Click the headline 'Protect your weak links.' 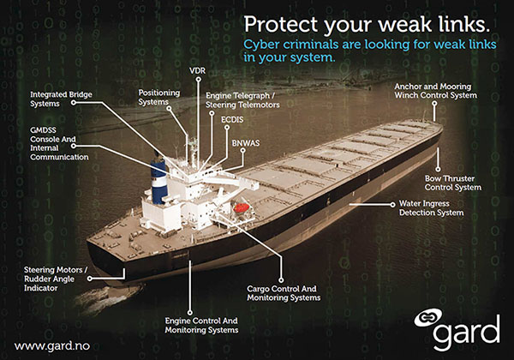click(x=368, y=23)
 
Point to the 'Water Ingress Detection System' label click(x=431, y=207)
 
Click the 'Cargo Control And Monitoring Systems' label click(x=283, y=293)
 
